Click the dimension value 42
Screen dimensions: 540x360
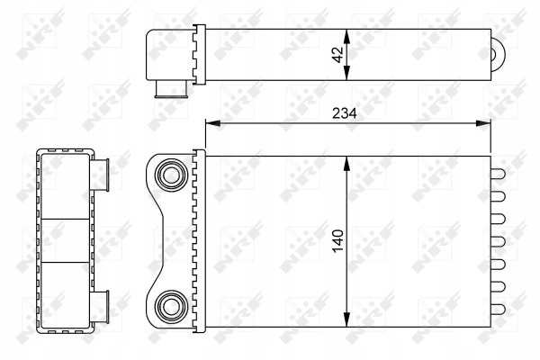point(339,55)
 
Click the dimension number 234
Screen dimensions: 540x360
point(345,113)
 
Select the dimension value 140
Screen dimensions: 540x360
point(338,241)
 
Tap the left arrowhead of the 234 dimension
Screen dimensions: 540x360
point(212,123)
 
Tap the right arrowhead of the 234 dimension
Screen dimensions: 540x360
point(483,123)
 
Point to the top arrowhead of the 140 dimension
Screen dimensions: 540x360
point(346,163)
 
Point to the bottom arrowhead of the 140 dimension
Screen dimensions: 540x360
point(346,319)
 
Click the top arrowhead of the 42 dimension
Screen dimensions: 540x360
point(346,36)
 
